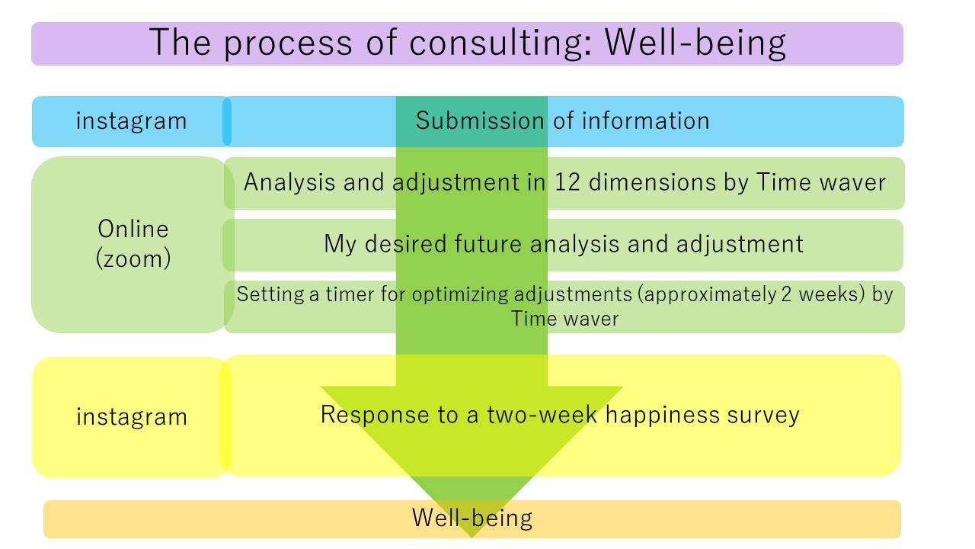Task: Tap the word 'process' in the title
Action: click(288, 43)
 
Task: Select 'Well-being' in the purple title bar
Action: click(695, 43)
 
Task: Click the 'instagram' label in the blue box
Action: click(132, 120)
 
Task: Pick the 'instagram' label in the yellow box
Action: click(132, 416)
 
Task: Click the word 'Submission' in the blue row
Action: click(480, 120)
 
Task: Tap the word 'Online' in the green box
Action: click(133, 229)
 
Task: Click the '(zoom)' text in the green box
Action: click(133, 258)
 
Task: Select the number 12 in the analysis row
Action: click(567, 182)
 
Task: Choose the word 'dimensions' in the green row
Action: click(652, 182)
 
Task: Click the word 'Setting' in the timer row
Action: click(270, 294)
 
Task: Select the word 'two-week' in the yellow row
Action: click(542, 414)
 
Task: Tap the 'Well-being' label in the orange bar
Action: click(472, 518)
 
